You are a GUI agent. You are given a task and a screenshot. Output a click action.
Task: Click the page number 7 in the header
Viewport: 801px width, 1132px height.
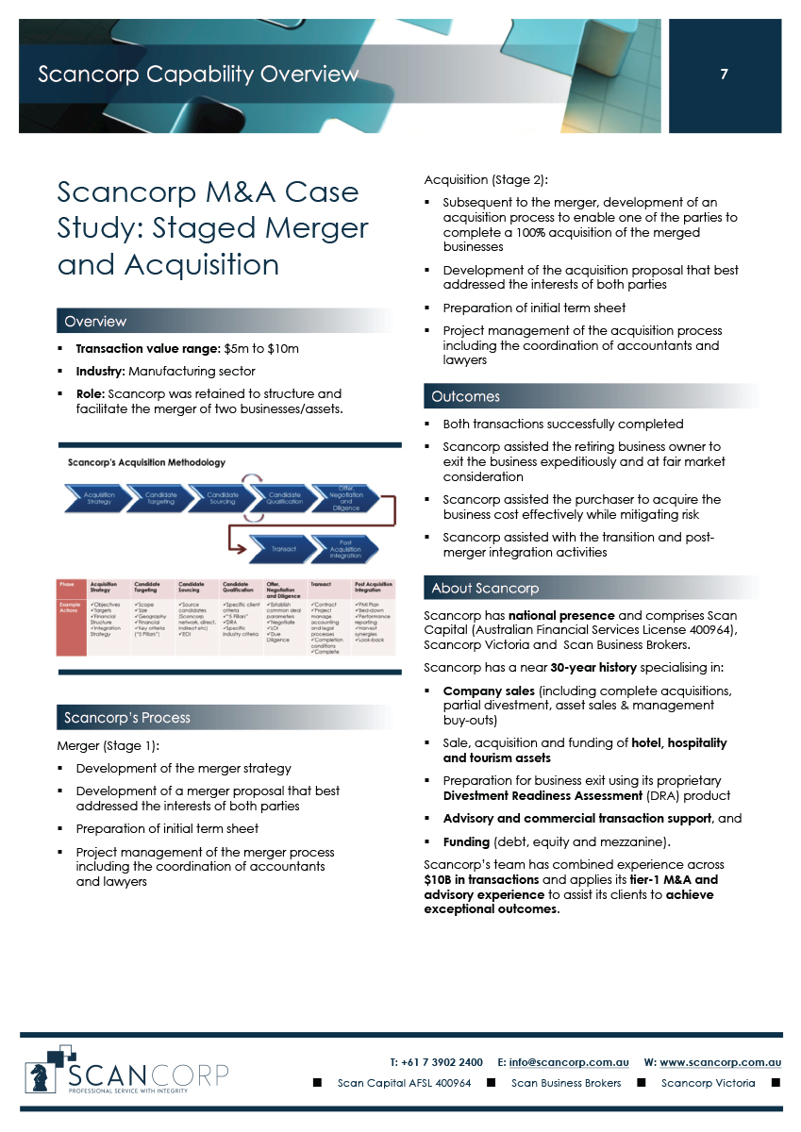point(724,75)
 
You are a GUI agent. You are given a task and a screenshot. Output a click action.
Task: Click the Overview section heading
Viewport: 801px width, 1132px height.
point(95,322)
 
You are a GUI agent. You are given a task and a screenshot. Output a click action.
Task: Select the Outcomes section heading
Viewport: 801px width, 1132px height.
point(466,396)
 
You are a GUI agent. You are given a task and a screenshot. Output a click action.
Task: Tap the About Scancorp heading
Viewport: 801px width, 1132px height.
point(485,588)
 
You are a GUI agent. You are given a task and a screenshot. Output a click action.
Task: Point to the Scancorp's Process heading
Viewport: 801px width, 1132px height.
point(127,717)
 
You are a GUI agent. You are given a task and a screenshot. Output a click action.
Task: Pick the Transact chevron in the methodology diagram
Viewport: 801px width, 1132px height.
point(283,548)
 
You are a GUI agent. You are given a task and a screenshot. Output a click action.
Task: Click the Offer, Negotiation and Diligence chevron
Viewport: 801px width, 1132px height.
point(345,496)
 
